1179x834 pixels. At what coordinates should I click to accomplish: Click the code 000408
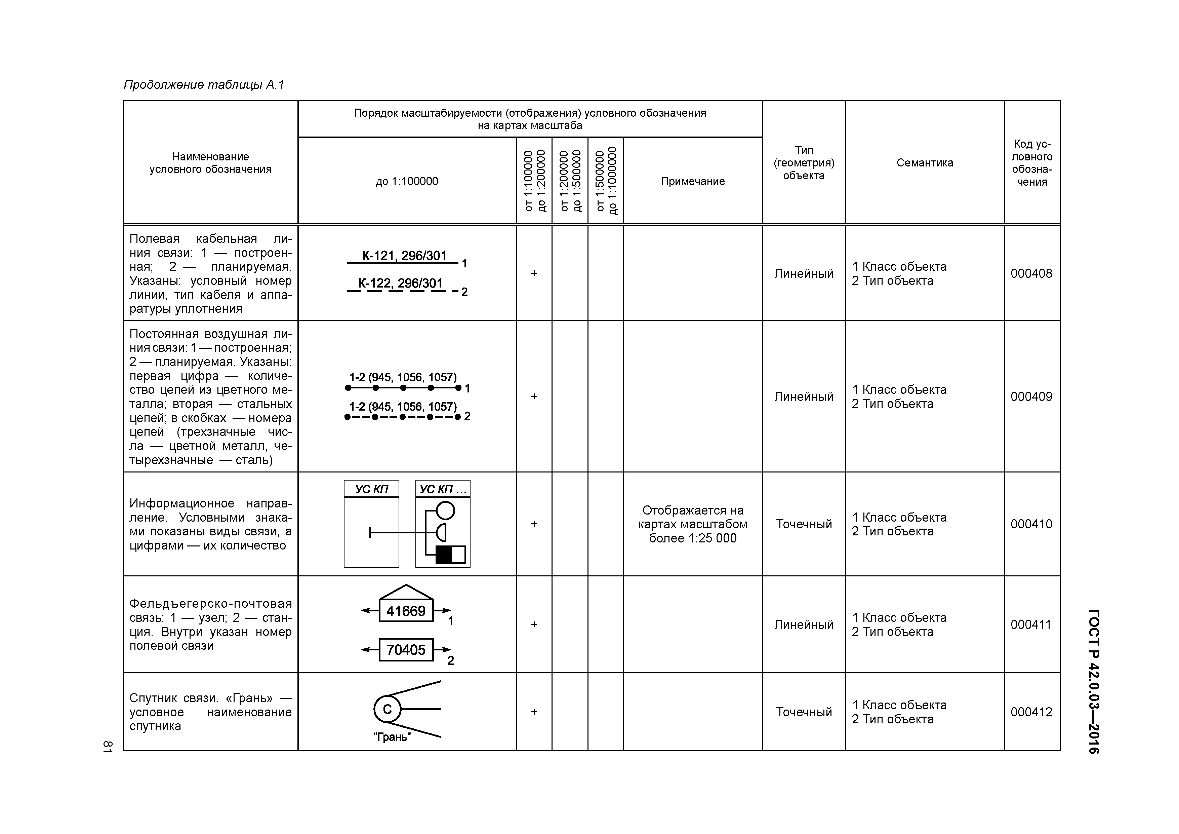(1031, 273)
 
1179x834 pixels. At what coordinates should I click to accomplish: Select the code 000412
(1031, 712)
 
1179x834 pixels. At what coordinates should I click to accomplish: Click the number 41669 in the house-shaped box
(406, 611)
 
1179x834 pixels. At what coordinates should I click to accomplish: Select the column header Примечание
(692, 181)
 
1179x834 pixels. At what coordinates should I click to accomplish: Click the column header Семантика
(924, 162)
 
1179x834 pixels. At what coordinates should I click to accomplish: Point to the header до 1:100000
(407, 181)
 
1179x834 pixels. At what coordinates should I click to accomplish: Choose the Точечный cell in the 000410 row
(804, 524)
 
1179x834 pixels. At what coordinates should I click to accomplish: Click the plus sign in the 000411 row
(534, 624)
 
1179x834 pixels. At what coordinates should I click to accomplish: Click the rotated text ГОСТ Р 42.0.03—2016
(1094, 681)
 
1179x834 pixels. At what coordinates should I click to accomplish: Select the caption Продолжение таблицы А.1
(204, 84)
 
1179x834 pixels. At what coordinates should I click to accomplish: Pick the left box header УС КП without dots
(371, 489)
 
